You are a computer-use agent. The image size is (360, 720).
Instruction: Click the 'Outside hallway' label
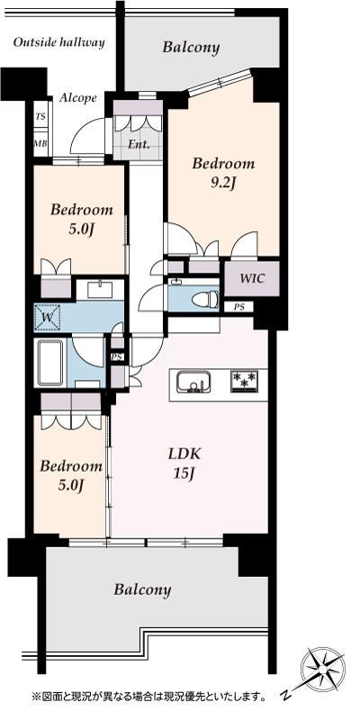[58, 43]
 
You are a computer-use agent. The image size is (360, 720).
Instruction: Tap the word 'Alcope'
[78, 98]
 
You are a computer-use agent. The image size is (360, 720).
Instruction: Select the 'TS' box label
[40, 116]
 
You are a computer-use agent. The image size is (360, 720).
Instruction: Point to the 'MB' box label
[40, 143]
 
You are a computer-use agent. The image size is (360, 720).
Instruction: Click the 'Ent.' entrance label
[139, 145]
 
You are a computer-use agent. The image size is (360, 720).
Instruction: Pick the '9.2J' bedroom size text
[223, 184]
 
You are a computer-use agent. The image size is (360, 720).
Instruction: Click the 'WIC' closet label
[252, 278]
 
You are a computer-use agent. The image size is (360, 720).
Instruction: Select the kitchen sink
[193, 382]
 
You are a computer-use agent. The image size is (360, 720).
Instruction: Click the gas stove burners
[244, 381]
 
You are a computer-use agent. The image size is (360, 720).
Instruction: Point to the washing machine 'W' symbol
[48, 317]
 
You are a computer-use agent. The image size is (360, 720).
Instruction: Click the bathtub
[50, 363]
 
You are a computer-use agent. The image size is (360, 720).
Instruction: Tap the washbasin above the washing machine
[100, 290]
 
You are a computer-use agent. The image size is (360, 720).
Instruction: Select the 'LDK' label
[184, 454]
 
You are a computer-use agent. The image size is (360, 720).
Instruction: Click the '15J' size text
[184, 474]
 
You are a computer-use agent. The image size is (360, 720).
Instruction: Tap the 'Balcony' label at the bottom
[142, 589]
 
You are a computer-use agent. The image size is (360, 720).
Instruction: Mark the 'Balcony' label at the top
[191, 47]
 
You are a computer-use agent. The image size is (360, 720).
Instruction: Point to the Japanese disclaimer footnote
[148, 697]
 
